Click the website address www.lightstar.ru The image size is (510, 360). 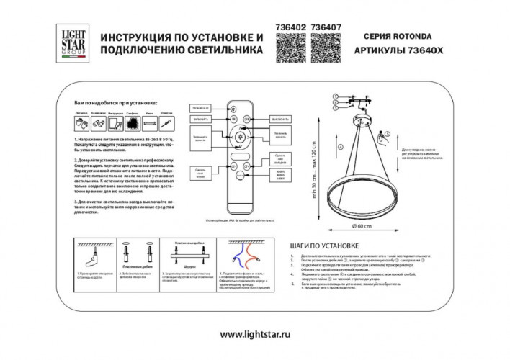tap(254, 334)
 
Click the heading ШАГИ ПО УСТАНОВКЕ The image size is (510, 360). tap(318, 245)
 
